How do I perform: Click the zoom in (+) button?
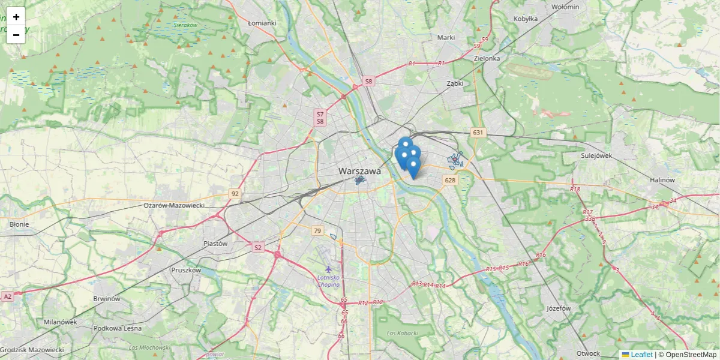16,17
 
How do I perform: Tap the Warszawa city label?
359,171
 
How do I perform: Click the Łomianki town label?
262,23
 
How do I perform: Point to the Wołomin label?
565,7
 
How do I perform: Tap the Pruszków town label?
186,270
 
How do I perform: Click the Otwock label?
588,353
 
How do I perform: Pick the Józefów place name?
559,308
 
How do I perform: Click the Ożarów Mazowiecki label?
174,205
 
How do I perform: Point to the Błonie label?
19,224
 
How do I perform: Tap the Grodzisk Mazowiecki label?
32,350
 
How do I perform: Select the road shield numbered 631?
478,133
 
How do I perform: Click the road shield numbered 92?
235,194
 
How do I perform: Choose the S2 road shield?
258,247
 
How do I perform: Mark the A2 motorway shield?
7,296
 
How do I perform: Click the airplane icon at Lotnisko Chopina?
328,269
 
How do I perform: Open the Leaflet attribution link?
641,355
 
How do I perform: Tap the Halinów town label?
663,180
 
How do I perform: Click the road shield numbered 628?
450,180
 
